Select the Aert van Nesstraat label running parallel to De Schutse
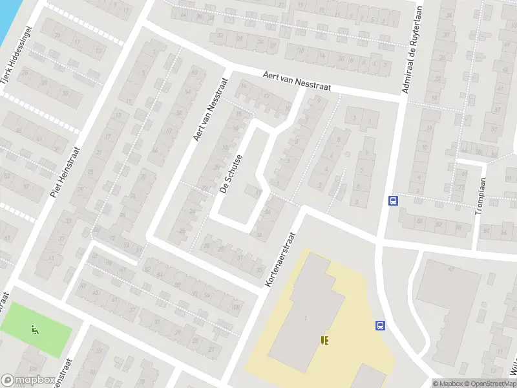211,110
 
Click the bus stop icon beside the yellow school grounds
380,326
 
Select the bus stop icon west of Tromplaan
392,200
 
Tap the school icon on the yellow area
324,339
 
